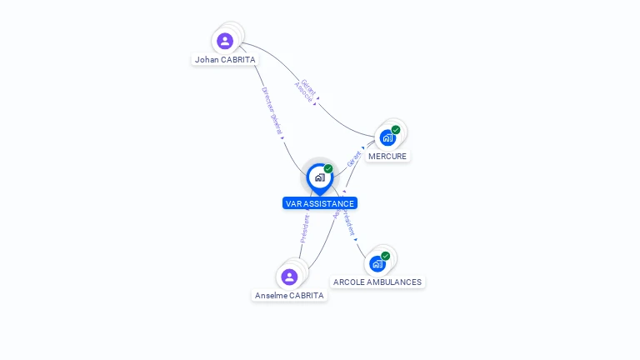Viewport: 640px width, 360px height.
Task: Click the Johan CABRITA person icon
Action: click(x=225, y=41)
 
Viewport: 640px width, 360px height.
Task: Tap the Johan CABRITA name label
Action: click(x=225, y=60)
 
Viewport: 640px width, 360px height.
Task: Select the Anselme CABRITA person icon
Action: click(x=289, y=277)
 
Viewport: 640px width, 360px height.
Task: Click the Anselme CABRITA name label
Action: click(x=289, y=295)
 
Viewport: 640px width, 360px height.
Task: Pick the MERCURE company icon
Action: click(x=387, y=137)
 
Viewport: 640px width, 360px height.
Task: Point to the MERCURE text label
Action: click(x=387, y=156)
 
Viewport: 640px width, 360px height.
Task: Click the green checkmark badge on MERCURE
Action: click(x=396, y=130)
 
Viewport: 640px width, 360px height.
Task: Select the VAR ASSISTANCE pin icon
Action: click(x=319, y=177)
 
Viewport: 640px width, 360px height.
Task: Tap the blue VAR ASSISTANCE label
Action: click(x=319, y=203)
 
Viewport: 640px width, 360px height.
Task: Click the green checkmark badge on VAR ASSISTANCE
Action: click(x=328, y=169)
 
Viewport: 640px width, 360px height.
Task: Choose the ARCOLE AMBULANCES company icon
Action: click(x=377, y=263)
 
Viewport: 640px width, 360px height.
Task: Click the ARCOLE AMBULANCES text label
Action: click(x=377, y=282)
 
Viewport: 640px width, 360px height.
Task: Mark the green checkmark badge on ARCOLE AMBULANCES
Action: click(x=385, y=256)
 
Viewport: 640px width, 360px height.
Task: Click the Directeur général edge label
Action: click(x=272, y=111)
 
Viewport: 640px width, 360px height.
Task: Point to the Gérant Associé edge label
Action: click(x=306, y=91)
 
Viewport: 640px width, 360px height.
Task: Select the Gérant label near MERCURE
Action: click(x=354, y=158)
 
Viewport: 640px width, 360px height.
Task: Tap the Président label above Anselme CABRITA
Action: click(x=305, y=228)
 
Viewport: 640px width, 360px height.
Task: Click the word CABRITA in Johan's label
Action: click(x=237, y=60)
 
